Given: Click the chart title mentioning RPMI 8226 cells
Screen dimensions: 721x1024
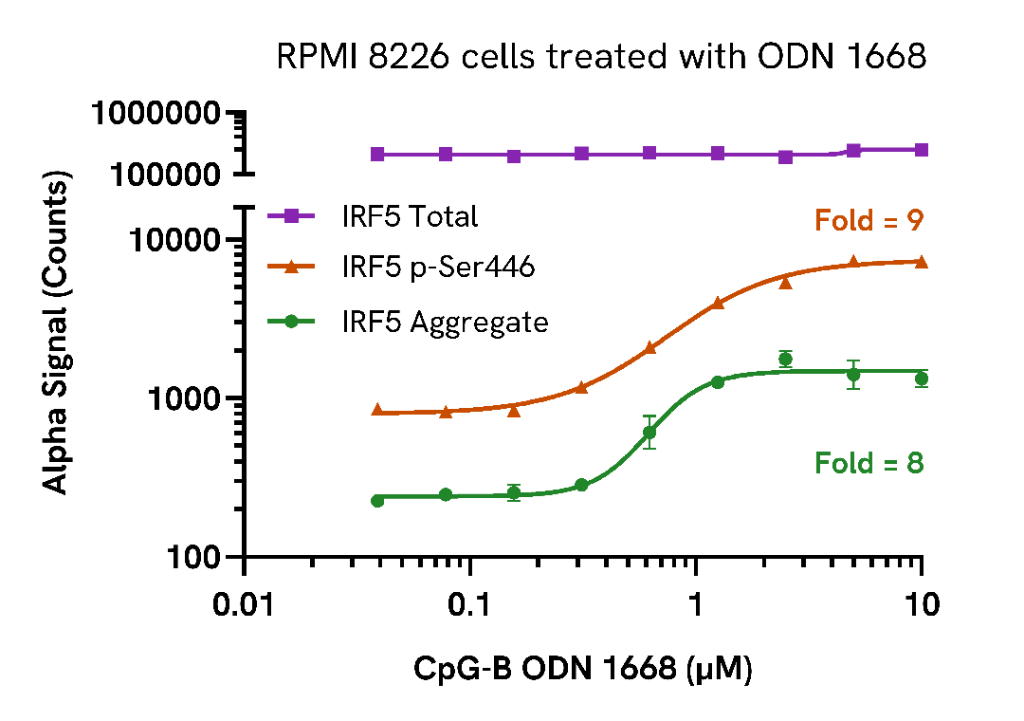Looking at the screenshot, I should point(600,57).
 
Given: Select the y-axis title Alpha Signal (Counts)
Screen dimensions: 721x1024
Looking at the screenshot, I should point(57,334).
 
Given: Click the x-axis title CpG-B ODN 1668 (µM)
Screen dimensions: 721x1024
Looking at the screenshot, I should point(583,669).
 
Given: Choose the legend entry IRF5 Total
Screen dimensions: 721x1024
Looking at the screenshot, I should point(410,216).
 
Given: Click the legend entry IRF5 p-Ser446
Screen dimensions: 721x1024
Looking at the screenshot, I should point(438,268).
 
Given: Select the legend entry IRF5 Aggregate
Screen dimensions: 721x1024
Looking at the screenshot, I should point(445,323).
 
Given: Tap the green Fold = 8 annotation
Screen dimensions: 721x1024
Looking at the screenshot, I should point(869,463).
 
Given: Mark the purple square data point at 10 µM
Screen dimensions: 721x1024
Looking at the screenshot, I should point(921,150).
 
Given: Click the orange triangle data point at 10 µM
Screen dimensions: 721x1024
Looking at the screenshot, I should point(921,262).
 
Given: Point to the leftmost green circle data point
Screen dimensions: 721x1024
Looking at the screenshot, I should point(377,500).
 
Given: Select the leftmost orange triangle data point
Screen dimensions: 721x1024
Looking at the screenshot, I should point(377,410).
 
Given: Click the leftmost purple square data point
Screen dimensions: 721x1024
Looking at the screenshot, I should point(377,154).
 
